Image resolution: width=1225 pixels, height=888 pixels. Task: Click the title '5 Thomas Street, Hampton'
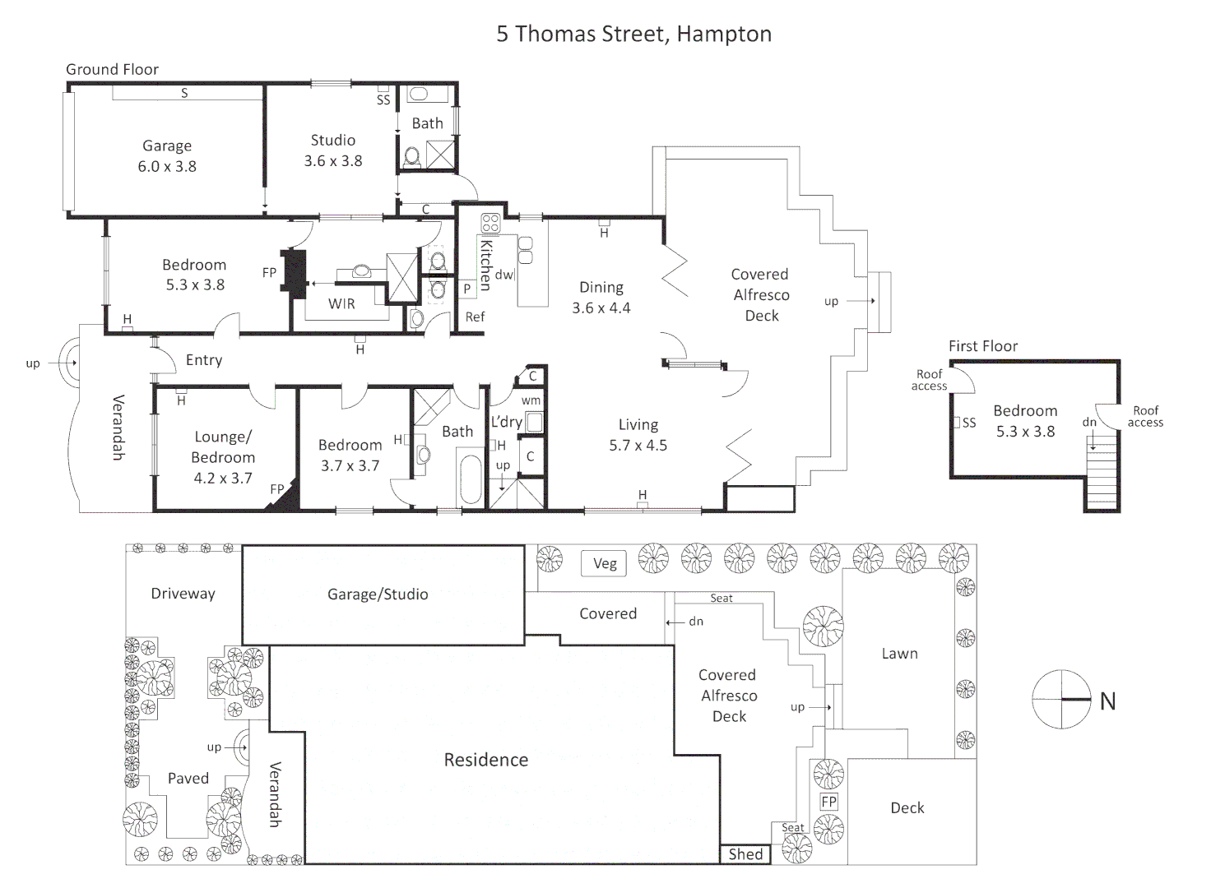coord(633,34)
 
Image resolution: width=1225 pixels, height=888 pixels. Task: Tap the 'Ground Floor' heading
coord(112,70)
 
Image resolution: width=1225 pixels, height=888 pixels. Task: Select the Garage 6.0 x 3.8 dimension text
coord(167,166)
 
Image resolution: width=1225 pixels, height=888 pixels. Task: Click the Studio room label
coord(332,140)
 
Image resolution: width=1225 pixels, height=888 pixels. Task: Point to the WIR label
coord(341,304)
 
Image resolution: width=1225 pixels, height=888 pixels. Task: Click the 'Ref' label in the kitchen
coord(475,317)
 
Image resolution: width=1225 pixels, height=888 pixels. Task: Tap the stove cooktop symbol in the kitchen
coord(490,224)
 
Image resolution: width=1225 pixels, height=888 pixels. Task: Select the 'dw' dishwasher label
coord(503,275)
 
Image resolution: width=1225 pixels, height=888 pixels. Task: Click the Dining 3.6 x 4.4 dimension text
coord(601,308)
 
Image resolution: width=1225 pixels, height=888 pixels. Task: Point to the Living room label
coord(638,425)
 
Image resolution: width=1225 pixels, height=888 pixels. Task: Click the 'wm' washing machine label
coord(531,400)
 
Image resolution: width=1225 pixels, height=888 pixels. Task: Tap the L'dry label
coord(507,422)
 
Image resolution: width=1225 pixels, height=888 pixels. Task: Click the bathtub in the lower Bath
coord(471,479)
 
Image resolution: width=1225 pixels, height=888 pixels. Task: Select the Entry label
coord(204,360)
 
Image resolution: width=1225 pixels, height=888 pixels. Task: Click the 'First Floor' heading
coord(982,346)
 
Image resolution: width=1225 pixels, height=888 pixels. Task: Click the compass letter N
coord(1107,701)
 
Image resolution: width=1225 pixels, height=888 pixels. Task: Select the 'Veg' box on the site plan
coord(605,563)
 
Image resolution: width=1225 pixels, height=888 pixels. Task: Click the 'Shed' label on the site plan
coord(745,854)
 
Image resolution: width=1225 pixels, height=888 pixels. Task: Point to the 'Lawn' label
coord(899,654)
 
